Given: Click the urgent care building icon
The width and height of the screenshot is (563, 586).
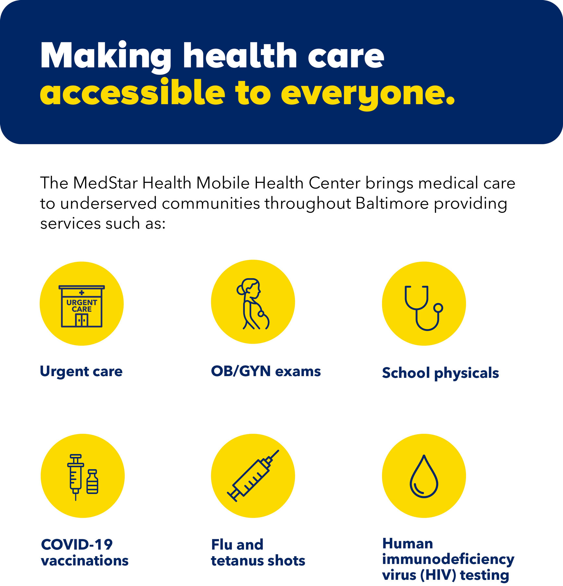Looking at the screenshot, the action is click(x=82, y=306).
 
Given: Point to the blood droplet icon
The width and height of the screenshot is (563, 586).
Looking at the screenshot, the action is click(x=424, y=476).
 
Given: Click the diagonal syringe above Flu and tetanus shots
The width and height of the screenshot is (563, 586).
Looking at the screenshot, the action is click(x=253, y=476).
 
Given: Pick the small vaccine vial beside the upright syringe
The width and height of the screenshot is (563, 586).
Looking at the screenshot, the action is click(x=92, y=482).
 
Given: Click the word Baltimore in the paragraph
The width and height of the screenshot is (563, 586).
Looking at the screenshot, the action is click(x=392, y=204).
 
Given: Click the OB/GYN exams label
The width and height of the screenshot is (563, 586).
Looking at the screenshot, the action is click(x=266, y=371).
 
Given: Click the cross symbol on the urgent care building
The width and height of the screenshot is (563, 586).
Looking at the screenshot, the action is click(x=82, y=293).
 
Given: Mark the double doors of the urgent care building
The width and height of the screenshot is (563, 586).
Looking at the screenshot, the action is click(x=82, y=320).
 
